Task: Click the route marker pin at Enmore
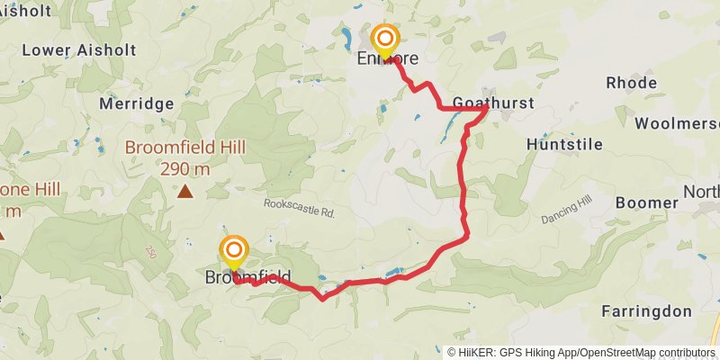click(386, 40)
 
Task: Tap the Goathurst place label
click(493, 103)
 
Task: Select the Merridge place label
click(136, 103)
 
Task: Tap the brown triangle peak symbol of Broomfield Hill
click(184, 190)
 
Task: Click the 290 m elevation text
click(185, 168)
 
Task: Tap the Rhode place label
click(631, 83)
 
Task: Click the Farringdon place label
click(647, 311)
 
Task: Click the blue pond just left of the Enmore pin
click(345, 38)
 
